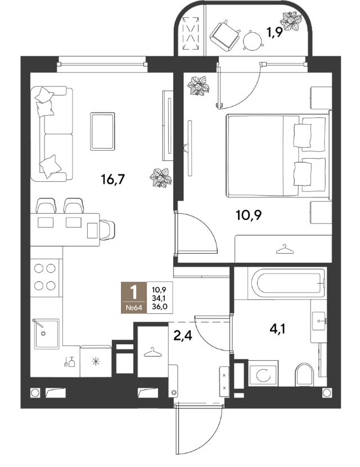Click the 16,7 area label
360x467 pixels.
(x=112, y=179)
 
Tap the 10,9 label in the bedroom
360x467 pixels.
(x=249, y=214)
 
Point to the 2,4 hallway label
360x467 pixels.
(x=182, y=336)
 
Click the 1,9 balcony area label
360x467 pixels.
(x=274, y=33)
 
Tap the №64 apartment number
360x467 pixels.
(x=134, y=308)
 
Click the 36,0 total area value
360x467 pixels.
(x=159, y=307)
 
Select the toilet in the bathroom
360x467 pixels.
(x=305, y=374)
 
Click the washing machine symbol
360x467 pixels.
(x=263, y=373)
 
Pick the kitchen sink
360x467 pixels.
(x=46, y=334)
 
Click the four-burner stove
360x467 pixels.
(x=45, y=277)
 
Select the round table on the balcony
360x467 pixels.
(x=252, y=40)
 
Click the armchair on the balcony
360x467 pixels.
(x=225, y=35)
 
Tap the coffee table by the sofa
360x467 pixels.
(x=102, y=131)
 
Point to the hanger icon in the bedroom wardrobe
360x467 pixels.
(x=285, y=250)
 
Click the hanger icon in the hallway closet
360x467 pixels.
(x=152, y=352)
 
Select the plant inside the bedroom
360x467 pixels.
(x=197, y=86)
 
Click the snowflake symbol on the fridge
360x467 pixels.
(x=96, y=362)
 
